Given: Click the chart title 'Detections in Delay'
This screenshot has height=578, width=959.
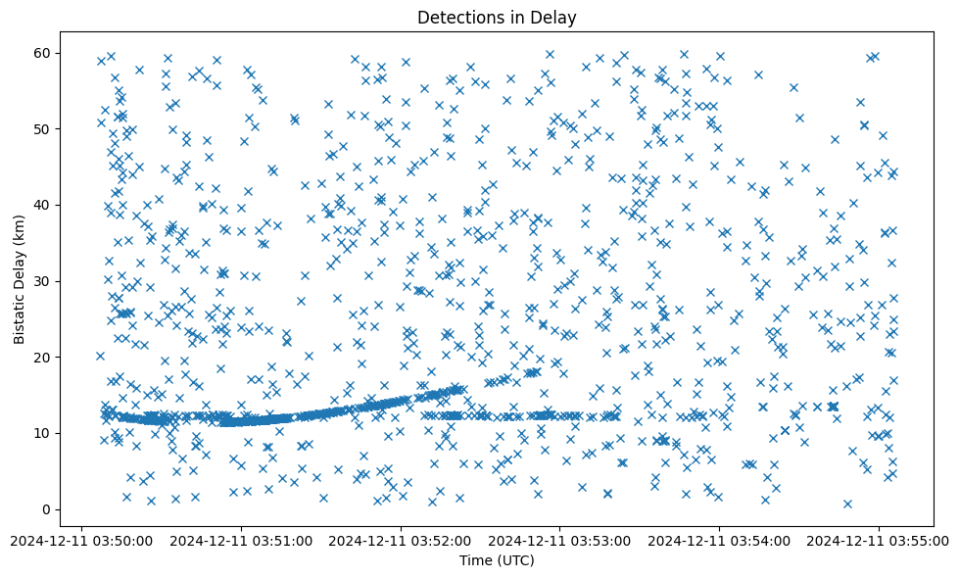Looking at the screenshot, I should (x=497, y=17).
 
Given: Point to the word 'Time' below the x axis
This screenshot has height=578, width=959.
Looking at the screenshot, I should (x=476, y=560).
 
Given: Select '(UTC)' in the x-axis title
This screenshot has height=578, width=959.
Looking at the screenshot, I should (x=514, y=560).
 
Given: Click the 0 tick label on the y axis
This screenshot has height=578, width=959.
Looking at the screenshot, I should (x=45, y=509).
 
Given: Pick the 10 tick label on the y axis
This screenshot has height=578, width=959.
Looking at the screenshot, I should (x=41, y=433).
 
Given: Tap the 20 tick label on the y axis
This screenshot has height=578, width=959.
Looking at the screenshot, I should (x=41, y=358).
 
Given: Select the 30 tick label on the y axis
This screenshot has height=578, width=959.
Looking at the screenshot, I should (x=41, y=281).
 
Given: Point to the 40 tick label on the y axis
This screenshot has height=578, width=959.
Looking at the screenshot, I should (x=41, y=205).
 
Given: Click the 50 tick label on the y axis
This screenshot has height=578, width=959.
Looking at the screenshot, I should (x=41, y=129).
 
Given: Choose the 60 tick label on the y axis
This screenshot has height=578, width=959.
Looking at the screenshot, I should (x=41, y=53).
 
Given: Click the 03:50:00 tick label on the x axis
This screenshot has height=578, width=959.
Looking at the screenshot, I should (x=83, y=539).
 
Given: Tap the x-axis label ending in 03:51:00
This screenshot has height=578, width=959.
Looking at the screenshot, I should (x=242, y=539).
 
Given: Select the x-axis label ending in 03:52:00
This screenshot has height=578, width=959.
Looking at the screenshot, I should (x=402, y=539).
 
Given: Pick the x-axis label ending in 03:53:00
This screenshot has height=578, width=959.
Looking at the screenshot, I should (x=560, y=539).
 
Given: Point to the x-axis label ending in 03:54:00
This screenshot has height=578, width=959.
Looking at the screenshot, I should (x=720, y=539).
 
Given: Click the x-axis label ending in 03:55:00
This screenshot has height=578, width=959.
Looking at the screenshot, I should (x=879, y=539).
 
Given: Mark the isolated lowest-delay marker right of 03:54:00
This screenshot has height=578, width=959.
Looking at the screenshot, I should (x=847, y=504).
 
